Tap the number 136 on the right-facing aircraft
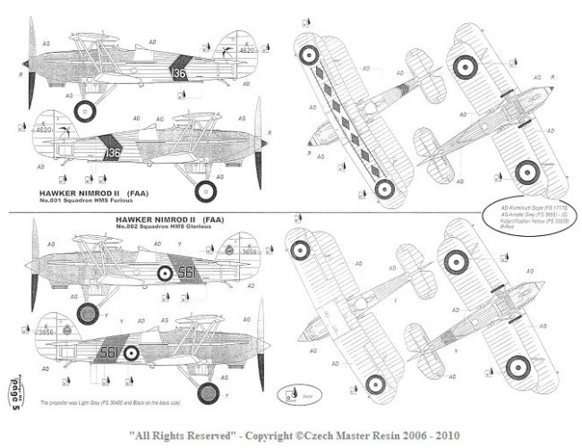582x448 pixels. (114, 154)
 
